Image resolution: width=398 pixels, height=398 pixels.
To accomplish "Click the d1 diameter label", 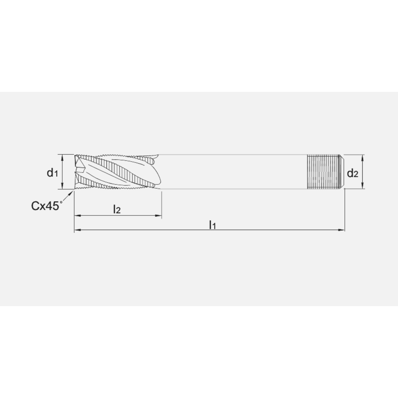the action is (x=53, y=173).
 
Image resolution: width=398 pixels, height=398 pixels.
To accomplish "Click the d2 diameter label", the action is (x=353, y=174).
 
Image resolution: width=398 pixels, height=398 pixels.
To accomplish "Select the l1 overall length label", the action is (x=213, y=224).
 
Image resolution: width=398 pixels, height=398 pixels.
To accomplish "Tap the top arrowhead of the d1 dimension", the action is (x=62, y=157).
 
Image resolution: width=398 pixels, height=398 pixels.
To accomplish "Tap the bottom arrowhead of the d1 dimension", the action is (x=62, y=186).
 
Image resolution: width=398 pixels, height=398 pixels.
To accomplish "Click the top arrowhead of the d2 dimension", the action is (x=363, y=157).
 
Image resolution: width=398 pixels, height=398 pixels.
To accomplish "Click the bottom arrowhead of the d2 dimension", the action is (x=363, y=186).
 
